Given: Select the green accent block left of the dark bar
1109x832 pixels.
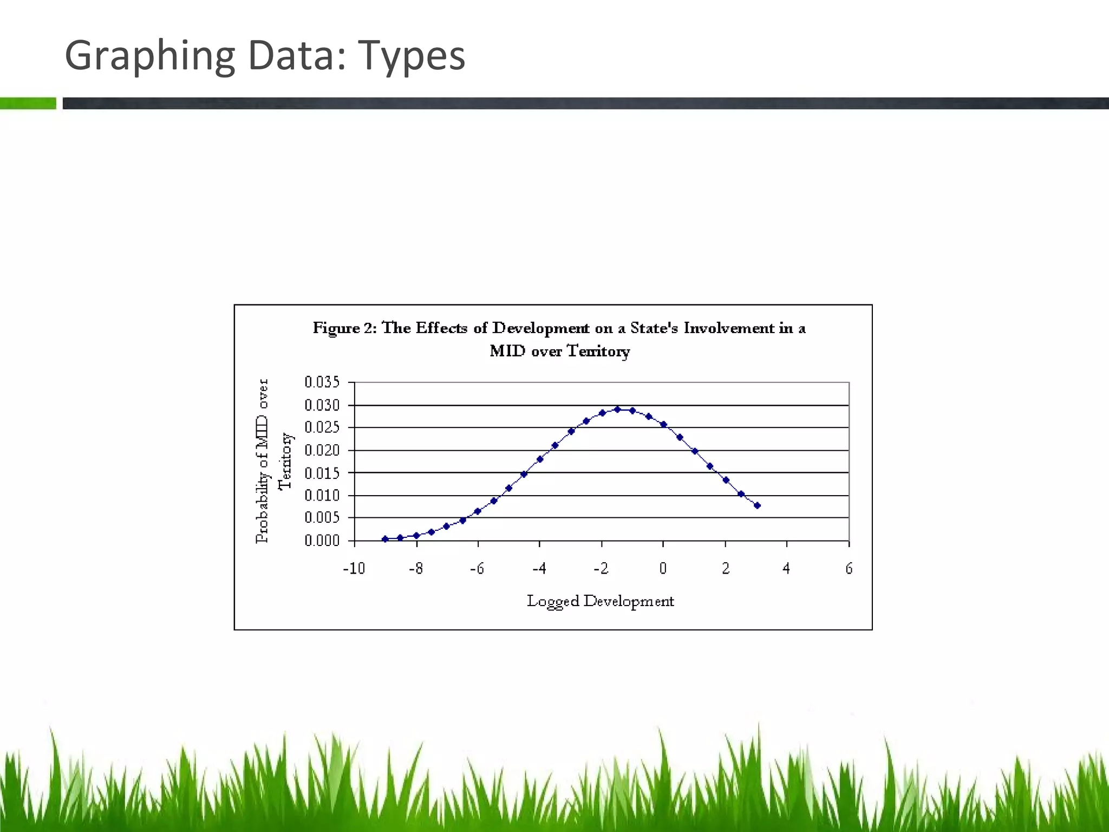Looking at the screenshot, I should (x=28, y=103).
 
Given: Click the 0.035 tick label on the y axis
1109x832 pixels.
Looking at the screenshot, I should (x=322, y=382).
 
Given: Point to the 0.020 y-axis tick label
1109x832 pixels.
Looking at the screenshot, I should (x=322, y=450).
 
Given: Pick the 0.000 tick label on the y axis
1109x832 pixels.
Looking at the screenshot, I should (x=322, y=541).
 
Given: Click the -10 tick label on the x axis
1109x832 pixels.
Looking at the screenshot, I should (x=354, y=568).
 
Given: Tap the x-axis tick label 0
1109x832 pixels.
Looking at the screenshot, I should (x=663, y=568).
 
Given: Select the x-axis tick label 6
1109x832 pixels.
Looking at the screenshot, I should (x=849, y=568).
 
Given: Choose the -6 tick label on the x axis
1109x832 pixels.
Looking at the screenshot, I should (x=477, y=568).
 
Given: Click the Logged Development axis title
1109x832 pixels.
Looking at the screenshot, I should (x=600, y=601).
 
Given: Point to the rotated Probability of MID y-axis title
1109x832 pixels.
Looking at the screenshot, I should (x=263, y=461).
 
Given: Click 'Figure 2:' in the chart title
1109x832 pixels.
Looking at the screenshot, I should (x=344, y=328).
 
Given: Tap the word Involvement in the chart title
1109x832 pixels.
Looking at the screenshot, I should (x=729, y=328).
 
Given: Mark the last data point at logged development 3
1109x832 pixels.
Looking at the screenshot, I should (x=757, y=505).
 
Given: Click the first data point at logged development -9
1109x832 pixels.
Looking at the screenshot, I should (x=385, y=539).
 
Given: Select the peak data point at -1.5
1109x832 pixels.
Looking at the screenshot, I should (x=617, y=409).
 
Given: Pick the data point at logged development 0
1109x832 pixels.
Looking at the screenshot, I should (x=663, y=425).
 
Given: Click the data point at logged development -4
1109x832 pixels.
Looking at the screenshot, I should (x=540, y=459).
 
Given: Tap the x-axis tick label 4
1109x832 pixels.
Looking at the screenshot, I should (x=786, y=568).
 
